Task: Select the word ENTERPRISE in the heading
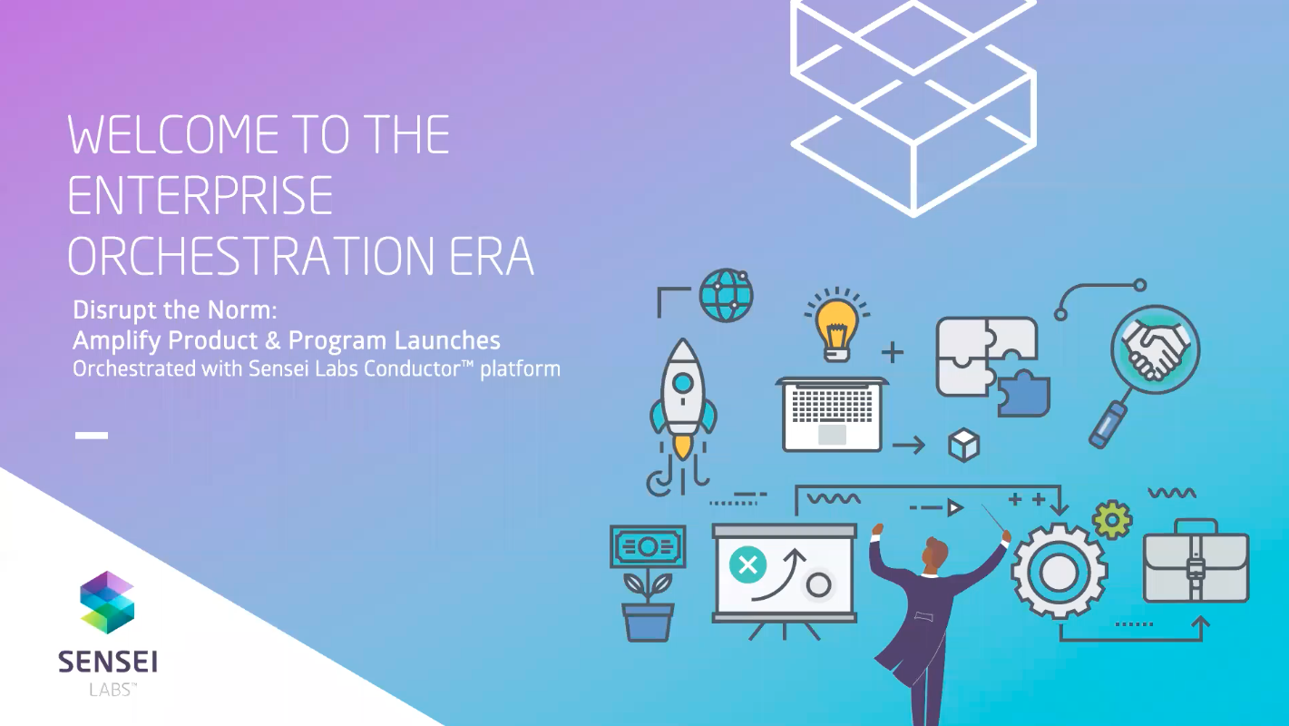point(200,195)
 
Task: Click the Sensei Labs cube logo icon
point(107,602)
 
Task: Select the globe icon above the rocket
point(726,295)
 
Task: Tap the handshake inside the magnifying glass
point(1155,350)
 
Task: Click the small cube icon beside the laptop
point(963,445)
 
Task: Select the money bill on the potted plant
point(648,546)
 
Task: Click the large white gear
point(1058,572)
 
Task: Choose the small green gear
point(1111,520)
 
